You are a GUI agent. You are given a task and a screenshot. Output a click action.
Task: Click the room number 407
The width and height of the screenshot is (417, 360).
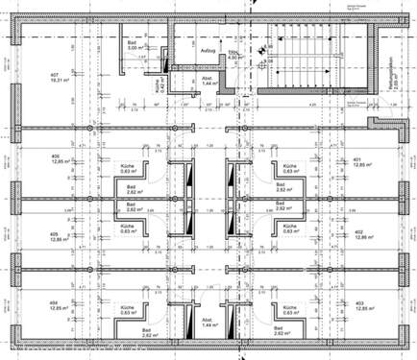tap(54, 75)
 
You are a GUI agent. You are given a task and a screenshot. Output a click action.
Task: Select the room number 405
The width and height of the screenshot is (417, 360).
tap(56, 233)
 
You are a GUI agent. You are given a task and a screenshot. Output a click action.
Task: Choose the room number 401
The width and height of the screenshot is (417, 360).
tap(357, 159)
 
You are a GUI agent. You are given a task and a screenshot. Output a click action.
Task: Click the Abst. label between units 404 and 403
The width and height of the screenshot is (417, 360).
tap(207, 323)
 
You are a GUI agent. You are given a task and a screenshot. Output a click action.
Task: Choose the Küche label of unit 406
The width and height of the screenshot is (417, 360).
tap(127, 167)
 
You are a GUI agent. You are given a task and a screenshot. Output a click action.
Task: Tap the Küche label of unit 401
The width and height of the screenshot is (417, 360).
tap(287, 167)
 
